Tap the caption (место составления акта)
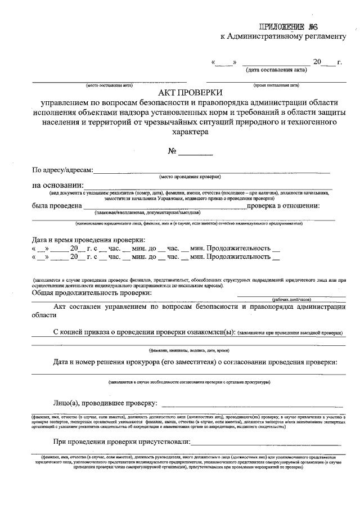point(109,85)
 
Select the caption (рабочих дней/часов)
point(292,300)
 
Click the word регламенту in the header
point(323,37)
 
